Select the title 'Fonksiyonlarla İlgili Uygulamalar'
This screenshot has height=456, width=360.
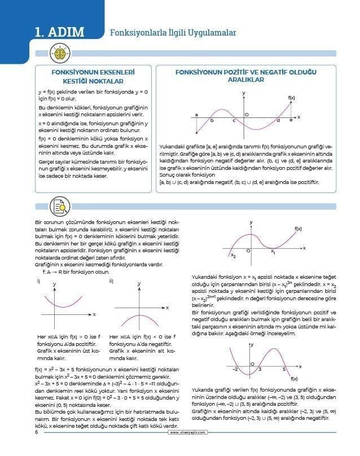pyautogui.click(x=173, y=33)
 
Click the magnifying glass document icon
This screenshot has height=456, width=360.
pyautogui.click(x=59, y=206)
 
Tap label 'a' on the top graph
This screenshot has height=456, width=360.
pyautogui.click(x=196, y=115)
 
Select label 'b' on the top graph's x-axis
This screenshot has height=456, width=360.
pyautogui.click(x=212, y=120)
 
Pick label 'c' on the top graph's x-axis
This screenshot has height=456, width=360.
pyautogui.click(x=234, y=120)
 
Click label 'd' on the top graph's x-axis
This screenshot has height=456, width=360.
pyautogui.click(x=278, y=120)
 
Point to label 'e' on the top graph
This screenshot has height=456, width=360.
pyautogui.click(x=291, y=120)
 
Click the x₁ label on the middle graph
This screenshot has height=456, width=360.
pyautogui.click(x=273, y=252)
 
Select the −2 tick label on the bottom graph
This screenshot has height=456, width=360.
pyautogui.click(x=235, y=369)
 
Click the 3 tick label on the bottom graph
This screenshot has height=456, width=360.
pyautogui.click(x=260, y=369)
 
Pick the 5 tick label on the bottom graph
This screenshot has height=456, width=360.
pyautogui.click(x=284, y=369)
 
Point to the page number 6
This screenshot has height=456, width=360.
pyautogui.click(x=36, y=433)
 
